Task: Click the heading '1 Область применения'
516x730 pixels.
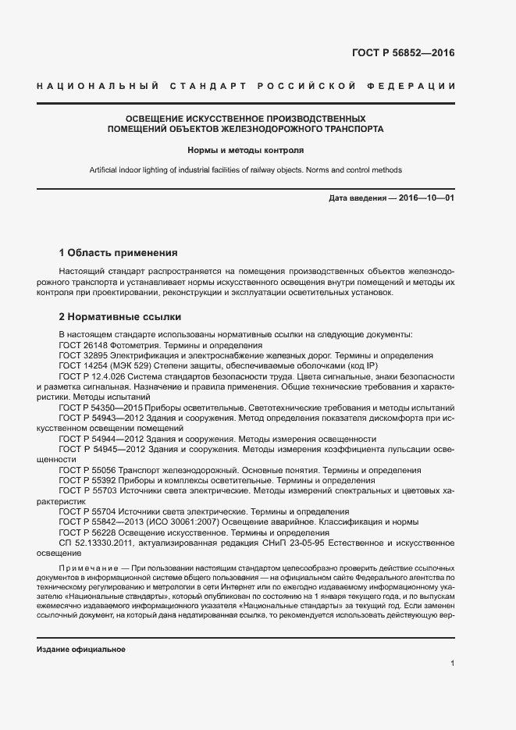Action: [x=119, y=253]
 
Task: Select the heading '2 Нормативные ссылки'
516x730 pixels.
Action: [x=120, y=317]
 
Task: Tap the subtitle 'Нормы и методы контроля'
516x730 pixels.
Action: [x=245, y=148]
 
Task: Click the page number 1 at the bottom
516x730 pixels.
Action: [x=453, y=663]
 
